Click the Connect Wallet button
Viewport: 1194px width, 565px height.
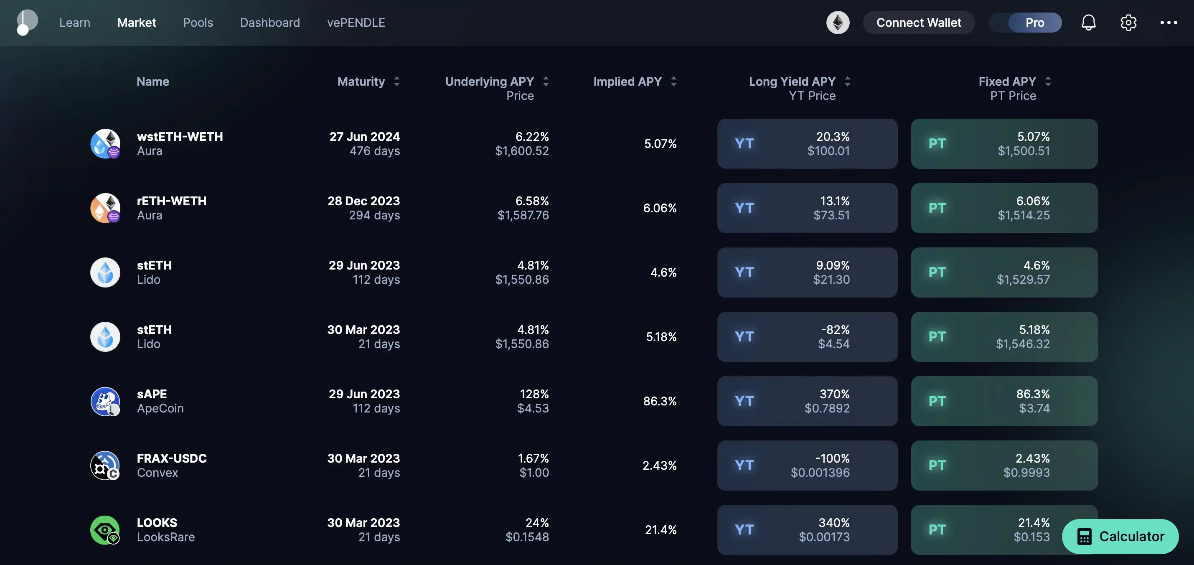click(918, 22)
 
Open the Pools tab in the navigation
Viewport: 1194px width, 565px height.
click(198, 22)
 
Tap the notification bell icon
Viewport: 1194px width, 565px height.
click(1088, 22)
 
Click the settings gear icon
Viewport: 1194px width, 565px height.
click(1128, 22)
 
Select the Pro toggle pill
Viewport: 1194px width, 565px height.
click(1034, 22)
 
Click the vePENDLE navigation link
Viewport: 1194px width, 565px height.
click(356, 22)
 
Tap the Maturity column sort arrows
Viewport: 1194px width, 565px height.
click(396, 81)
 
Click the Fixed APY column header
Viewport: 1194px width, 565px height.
click(1007, 81)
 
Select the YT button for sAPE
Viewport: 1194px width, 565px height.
click(807, 401)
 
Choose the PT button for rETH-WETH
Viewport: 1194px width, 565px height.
click(1004, 208)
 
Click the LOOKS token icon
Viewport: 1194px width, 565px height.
click(105, 530)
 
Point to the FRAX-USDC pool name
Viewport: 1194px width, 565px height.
click(172, 458)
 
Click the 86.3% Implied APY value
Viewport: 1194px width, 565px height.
click(660, 401)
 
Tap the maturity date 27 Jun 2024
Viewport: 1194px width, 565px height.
click(364, 137)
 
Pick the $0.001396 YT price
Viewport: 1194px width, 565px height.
click(820, 473)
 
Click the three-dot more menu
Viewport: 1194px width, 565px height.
click(1169, 22)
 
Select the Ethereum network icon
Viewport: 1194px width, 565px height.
click(838, 22)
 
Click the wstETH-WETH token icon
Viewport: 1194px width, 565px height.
click(105, 144)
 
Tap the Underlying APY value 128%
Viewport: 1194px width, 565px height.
click(534, 394)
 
